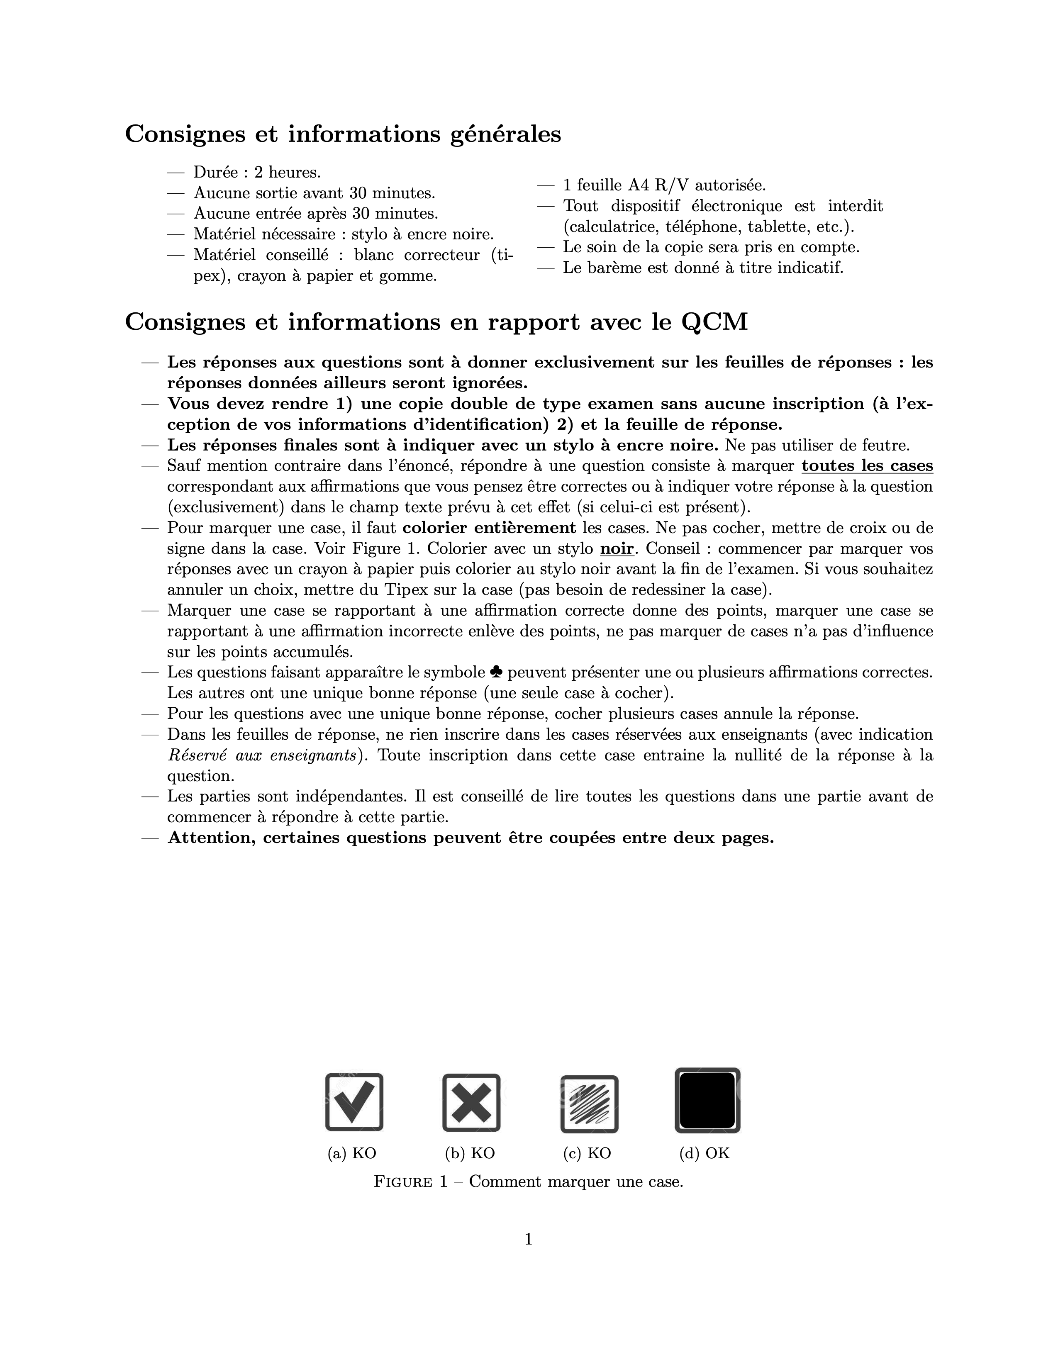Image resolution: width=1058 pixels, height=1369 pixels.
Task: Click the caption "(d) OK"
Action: coord(705,1153)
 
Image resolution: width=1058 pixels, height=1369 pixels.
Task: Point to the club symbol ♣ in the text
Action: coord(496,672)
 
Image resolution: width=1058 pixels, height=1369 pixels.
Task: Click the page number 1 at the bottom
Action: coord(528,1239)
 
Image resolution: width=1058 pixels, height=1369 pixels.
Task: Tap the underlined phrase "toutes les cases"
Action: coord(867,466)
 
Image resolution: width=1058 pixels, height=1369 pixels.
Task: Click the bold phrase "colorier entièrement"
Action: coord(489,528)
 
